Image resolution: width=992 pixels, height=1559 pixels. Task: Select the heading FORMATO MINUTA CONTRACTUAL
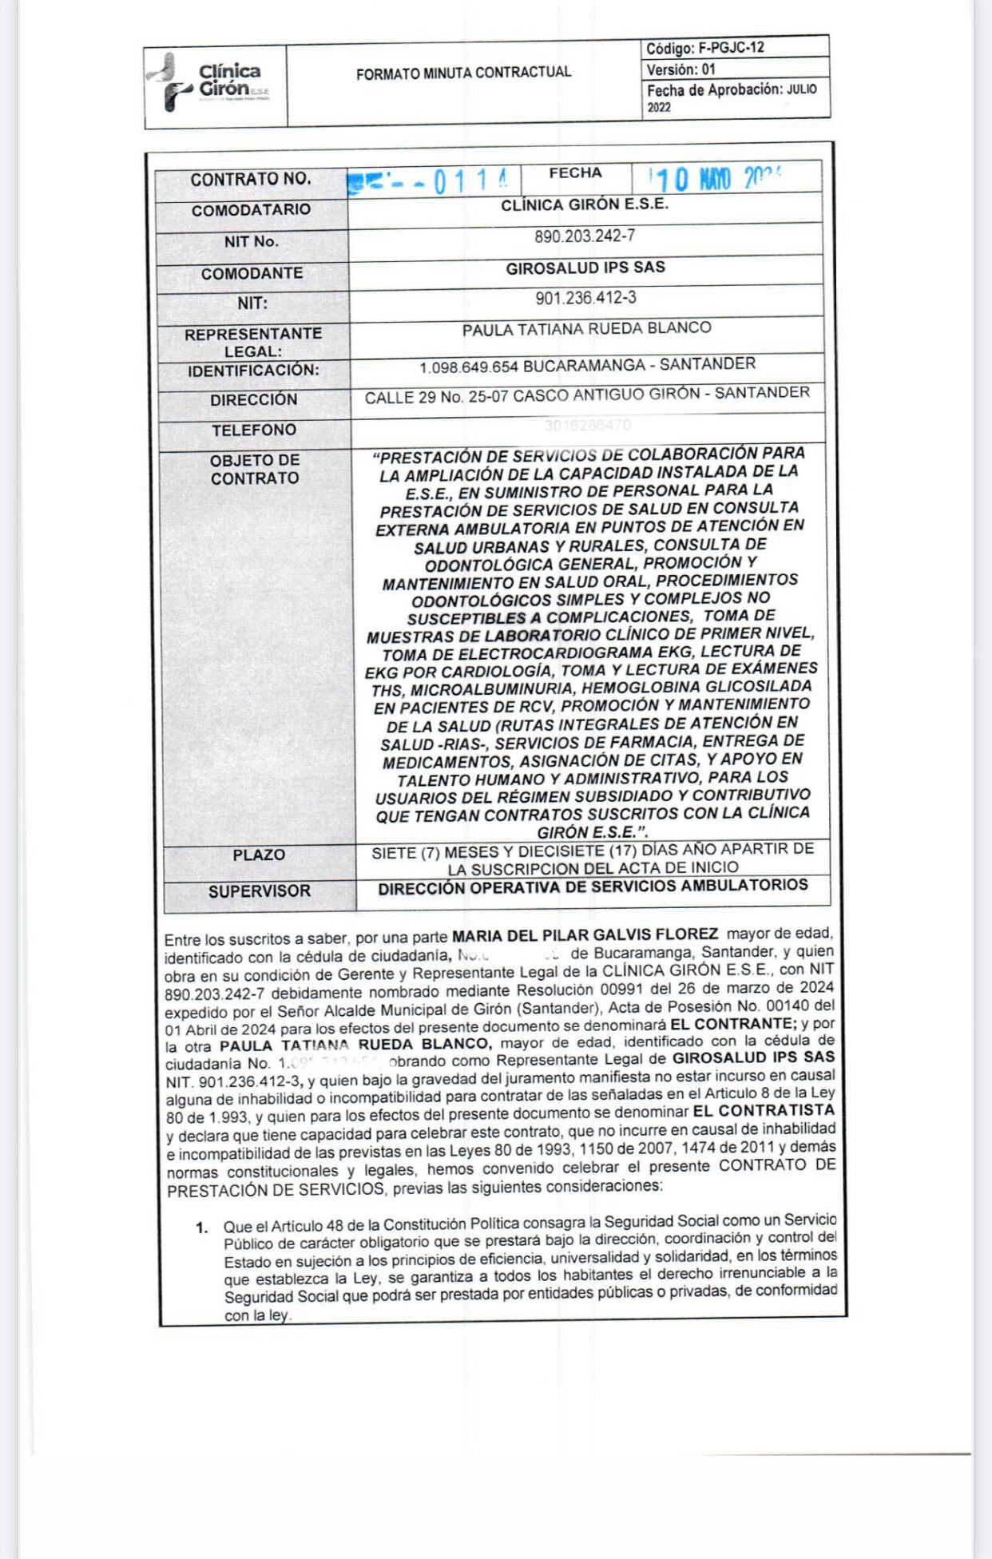tap(463, 73)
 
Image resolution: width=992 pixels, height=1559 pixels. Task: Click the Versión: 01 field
tap(681, 69)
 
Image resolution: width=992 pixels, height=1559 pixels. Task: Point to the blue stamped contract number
tap(431, 181)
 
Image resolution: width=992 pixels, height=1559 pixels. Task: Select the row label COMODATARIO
tap(251, 210)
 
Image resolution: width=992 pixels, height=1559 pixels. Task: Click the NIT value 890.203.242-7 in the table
tap(585, 237)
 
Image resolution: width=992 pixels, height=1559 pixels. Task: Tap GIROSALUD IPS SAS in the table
tap(585, 268)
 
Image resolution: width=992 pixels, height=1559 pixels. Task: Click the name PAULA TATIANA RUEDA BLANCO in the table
tap(586, 328)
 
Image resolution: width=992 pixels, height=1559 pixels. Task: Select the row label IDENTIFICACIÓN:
tap(253, 371)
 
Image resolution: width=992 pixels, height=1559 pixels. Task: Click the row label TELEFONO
tap(253, 430)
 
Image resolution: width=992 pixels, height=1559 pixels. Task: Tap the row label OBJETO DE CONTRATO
tap(255, 470)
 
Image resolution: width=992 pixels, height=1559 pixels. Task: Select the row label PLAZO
tap(259, 855)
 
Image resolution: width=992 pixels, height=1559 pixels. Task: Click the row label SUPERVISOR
tap(260, 891)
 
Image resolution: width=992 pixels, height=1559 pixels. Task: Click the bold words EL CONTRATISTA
tap(764, 1111)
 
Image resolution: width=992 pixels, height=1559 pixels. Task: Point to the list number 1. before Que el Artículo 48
tap(202, 1228)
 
